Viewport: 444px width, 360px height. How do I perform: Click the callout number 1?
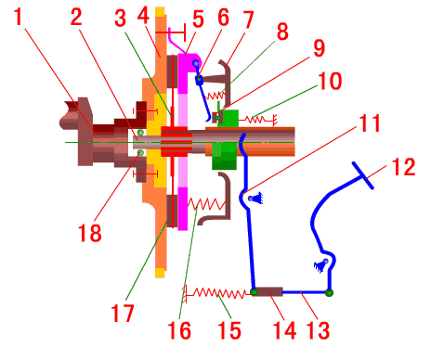click(x=19, y=17)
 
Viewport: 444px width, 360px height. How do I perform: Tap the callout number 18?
click(x=90, y=233)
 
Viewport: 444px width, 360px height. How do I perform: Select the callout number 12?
click(x=403, y=167)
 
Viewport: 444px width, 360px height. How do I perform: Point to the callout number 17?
click(x=123, y=313)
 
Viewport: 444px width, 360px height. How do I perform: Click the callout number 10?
click(x=330, y=81)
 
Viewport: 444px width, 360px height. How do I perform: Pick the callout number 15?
click(x=229, y=330)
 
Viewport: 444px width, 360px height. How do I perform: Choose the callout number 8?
click(x=282, y=31)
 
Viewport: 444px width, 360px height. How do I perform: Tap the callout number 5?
click(x=198, y=19)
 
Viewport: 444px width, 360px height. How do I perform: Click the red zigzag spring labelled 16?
click(x=207, y=204)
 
